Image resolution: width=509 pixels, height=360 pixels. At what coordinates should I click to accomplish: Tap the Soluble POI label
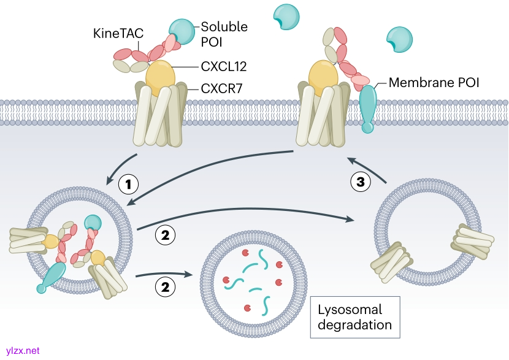[x=224, y=34]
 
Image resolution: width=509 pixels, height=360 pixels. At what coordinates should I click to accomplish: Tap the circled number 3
[x=361, y=182]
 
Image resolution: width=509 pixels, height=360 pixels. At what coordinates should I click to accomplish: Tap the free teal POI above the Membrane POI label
[x=400, y=39]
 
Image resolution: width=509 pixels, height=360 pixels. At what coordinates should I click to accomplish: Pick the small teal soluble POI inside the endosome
[x=93, y=224]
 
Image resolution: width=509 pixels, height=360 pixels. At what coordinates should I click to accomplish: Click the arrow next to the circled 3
[x=368, y=169]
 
